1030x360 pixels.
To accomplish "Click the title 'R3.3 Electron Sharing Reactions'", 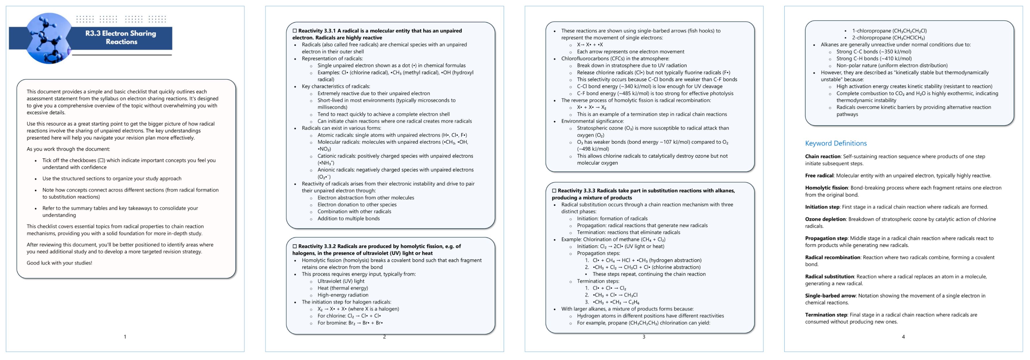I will (x=121, y=37).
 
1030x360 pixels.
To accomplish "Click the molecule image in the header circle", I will (x=48, y=38).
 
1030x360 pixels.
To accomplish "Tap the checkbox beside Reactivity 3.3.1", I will (x=295, y=31).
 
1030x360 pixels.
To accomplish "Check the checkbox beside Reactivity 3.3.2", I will (x=295, y=246).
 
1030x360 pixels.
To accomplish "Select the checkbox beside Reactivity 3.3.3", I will (x=554, y=191).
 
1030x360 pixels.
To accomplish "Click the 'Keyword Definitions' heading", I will (x=836, y=143).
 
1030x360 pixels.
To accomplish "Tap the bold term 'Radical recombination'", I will (x=832, y=258).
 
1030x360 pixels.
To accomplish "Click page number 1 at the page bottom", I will (x=125, y=337).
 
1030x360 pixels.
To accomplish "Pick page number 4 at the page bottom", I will (x=903, y=337).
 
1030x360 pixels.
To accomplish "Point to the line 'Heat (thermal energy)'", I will (x=343, y=288).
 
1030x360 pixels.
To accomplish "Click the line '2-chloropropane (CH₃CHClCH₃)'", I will (x=888, y=38).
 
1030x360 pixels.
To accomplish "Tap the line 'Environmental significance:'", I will (x=592, y=121).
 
